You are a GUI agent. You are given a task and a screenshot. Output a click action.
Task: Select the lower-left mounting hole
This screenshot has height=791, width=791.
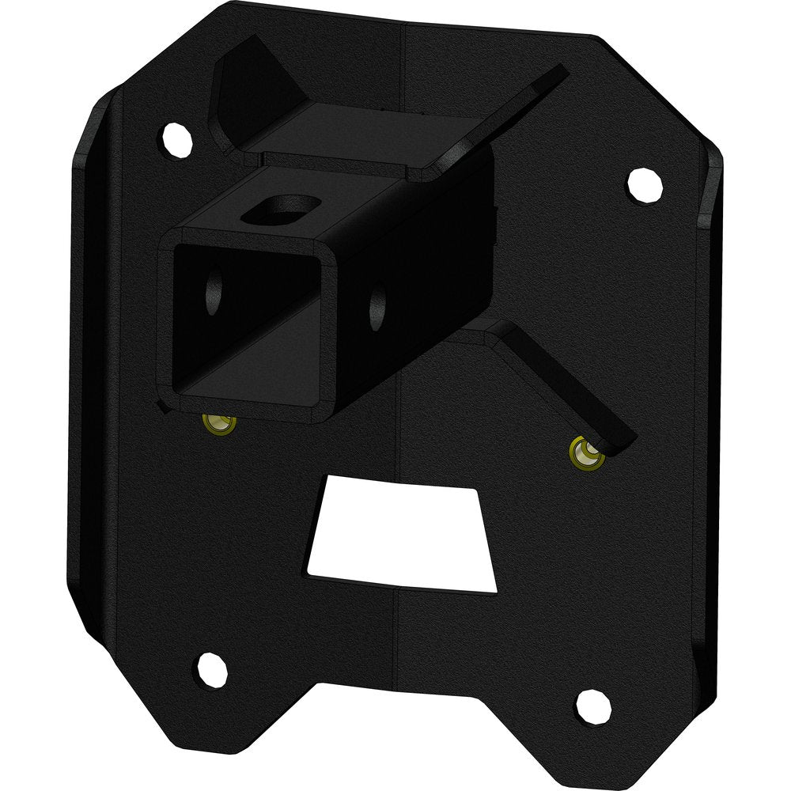[x=208, y=666]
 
